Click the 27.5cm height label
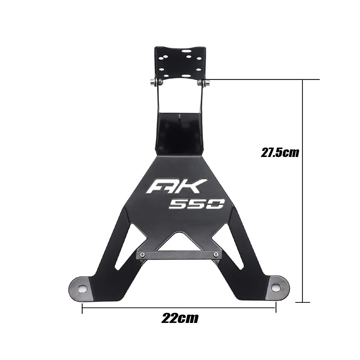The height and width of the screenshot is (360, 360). (280, 153)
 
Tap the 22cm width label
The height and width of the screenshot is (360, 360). (180, 318)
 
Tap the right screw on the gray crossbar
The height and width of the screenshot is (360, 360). (215, 255)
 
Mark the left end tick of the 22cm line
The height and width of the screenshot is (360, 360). (82, 308)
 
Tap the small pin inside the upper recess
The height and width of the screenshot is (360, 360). (179, 116)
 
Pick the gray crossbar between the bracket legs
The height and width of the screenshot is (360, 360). (179, 255)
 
